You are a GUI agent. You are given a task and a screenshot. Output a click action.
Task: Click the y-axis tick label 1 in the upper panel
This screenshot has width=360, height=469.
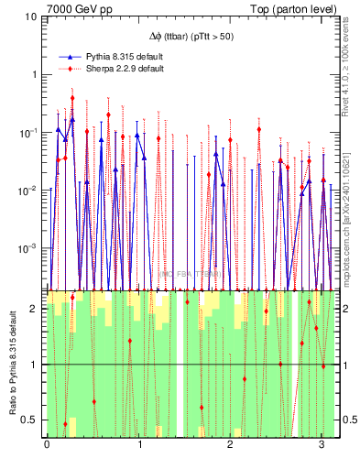pyautogui.click(x=35, y=74)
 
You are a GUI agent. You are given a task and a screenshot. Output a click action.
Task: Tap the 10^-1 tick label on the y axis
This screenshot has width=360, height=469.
pyautogui.click(x=29, y=132)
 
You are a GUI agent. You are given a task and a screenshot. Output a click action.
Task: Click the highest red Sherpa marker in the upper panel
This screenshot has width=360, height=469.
pyautogui.click(x=72, y=98)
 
